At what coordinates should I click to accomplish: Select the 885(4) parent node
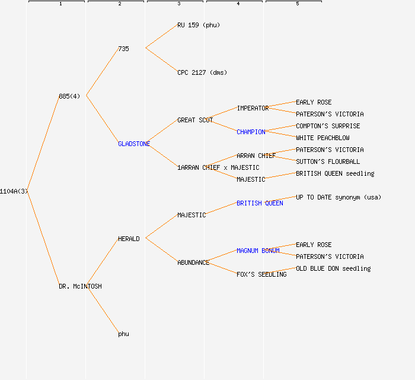69,96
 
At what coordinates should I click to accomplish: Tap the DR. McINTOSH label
80,286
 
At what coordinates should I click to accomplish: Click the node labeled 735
123,49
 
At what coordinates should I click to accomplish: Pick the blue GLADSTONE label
134,144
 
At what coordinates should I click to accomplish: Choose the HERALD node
129,239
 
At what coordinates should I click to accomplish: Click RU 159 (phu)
199,25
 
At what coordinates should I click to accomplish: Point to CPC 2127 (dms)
202,72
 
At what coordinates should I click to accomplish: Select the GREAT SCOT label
195,120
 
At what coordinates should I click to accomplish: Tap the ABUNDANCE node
193,262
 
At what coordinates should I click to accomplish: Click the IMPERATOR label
253,108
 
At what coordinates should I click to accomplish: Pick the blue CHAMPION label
251,132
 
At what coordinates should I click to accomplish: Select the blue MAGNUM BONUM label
258,251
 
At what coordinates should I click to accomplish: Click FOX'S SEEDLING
261,274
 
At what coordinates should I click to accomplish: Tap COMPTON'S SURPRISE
328,126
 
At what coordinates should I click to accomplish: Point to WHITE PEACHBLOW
323,138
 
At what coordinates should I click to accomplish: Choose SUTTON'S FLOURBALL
328,161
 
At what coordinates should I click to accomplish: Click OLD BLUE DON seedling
333,268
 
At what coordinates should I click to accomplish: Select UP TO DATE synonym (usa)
339,197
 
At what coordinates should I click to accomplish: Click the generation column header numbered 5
298,4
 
